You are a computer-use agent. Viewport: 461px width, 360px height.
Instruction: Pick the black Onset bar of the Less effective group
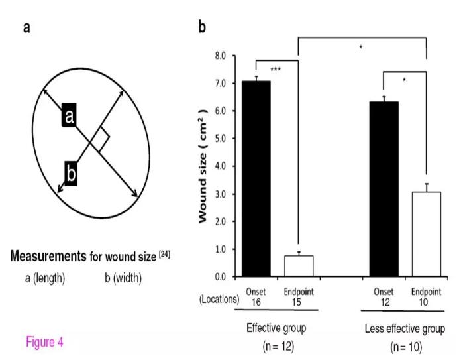click(x=384, y=189)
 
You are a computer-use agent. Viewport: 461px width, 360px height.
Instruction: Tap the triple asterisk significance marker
click(x=276, y=70)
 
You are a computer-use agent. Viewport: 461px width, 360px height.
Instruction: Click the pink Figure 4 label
click(x=44, y=342)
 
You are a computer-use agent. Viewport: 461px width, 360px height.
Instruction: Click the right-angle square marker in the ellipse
click(x=99, y=139)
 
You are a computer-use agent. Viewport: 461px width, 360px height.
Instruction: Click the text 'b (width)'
click(x=119, y=278)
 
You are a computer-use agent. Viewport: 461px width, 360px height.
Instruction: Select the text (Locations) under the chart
click(x=219, y=298)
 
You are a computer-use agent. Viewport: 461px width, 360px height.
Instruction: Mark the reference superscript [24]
click(x=164, y=253)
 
